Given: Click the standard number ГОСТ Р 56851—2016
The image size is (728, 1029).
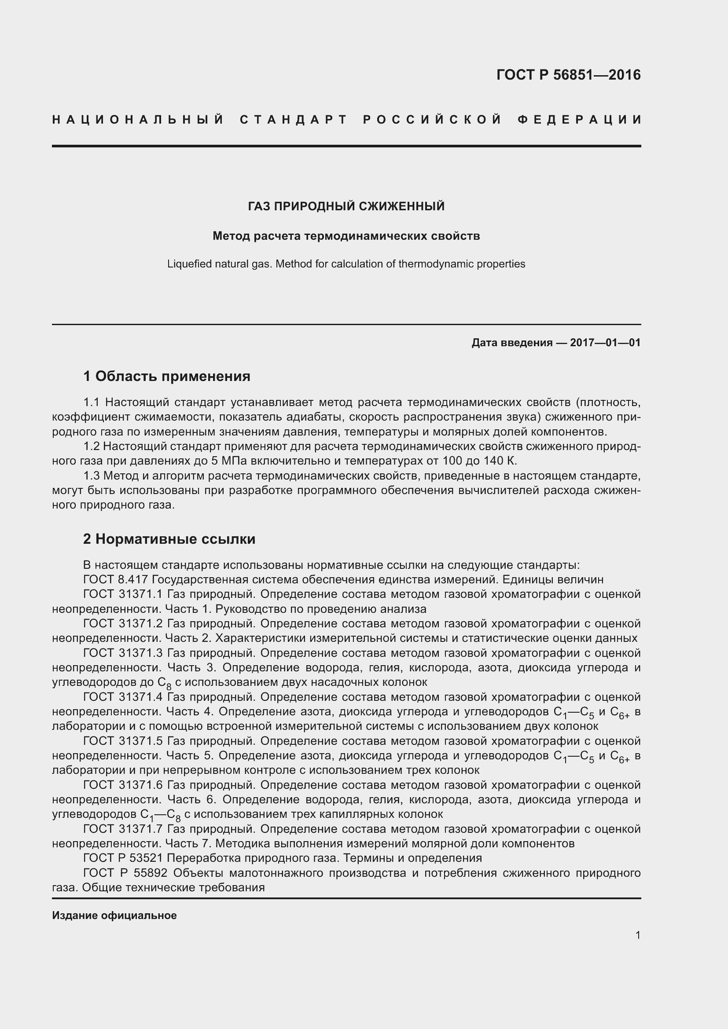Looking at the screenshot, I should (x=568, y=75).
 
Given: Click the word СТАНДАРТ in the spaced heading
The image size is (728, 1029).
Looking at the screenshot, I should (x=294, y=120).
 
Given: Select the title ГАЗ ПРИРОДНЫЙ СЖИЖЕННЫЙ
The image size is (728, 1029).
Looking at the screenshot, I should (x=346, y=206).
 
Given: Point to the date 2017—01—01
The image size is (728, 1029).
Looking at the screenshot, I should (x=605, y=343).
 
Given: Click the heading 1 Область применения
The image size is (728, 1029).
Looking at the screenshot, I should (x=166, y=376).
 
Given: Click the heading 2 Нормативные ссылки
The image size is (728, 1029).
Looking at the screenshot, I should (x=169, y=539).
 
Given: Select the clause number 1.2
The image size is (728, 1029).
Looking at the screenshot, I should (x=92, y=447).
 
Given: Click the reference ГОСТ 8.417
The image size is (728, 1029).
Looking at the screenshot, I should (x=116, y=579).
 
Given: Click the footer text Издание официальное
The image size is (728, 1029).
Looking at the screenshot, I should (x=114, y=915).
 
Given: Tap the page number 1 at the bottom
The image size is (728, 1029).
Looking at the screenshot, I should (x=637, y=935).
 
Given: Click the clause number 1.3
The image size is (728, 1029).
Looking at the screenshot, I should (x=92, y=476).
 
